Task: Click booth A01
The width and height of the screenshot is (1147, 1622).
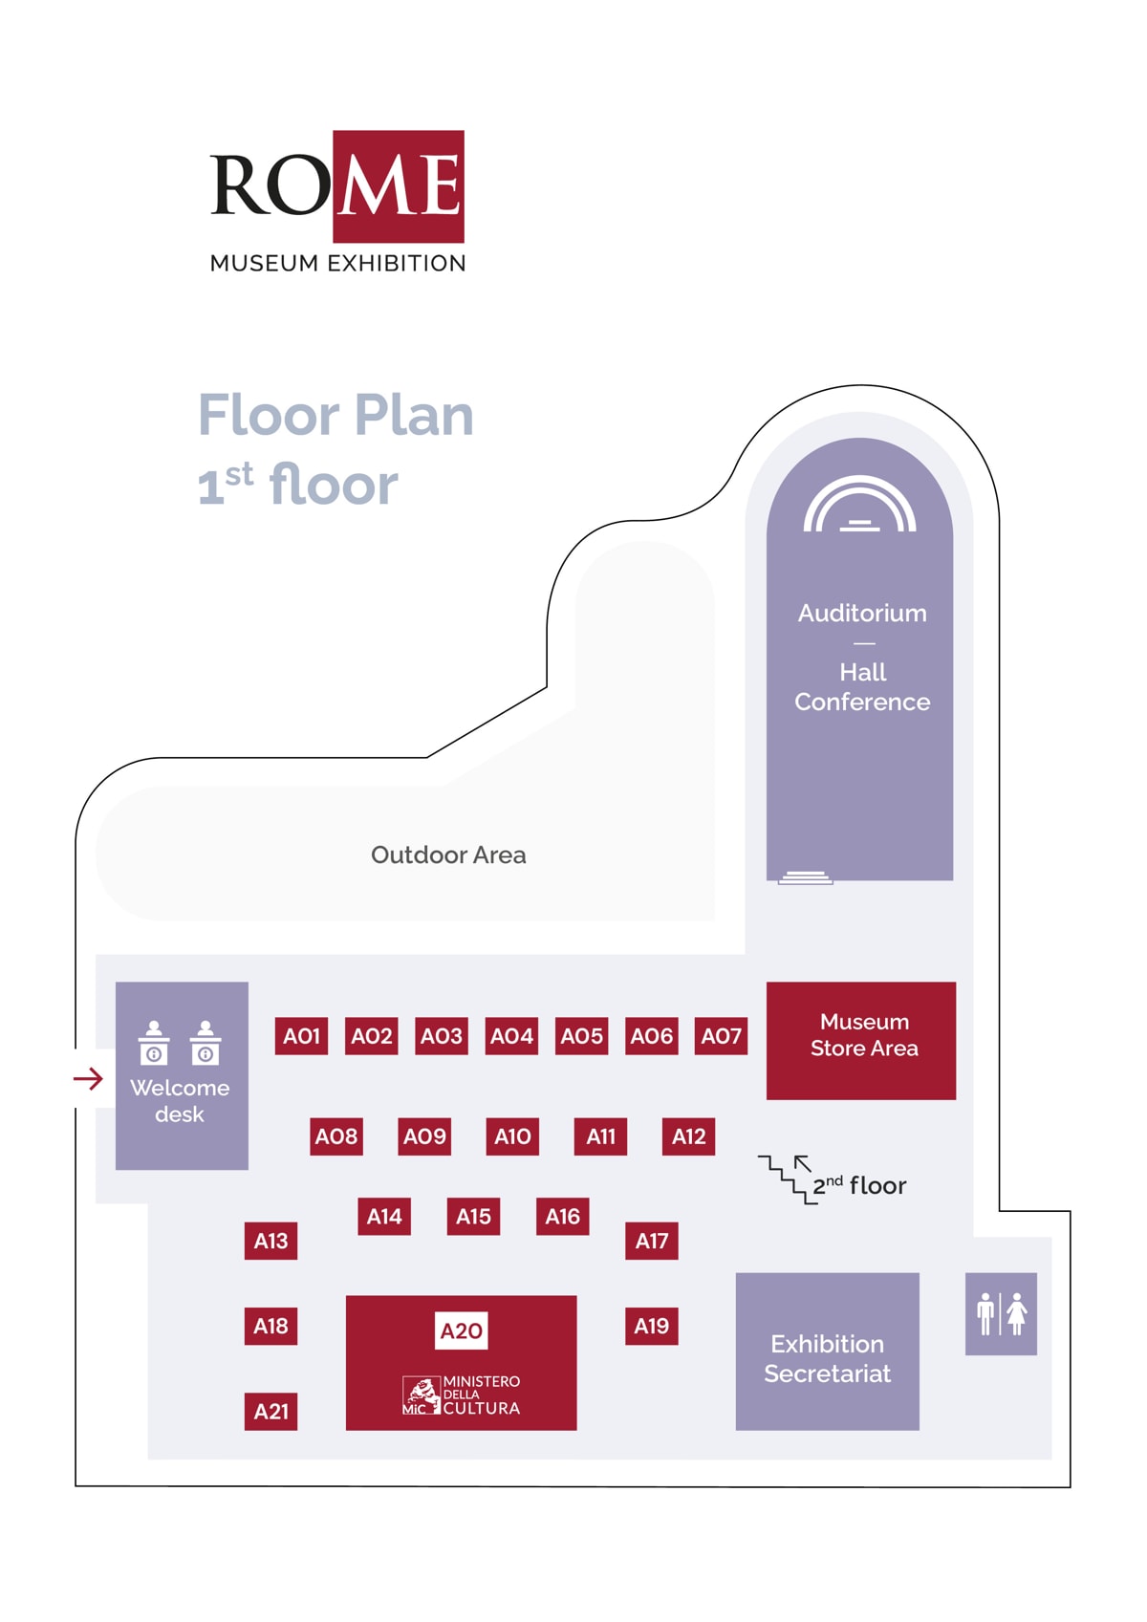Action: tap(301, 1036)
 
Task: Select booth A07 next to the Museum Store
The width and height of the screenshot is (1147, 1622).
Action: tap(721, 1036)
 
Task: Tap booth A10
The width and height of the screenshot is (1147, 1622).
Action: tap(512, 1136)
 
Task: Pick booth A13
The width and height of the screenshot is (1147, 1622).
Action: tap(271, 1241)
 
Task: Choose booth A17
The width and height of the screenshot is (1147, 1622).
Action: tap(652, 1241)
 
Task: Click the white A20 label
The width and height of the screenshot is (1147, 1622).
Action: tap(461, 1330)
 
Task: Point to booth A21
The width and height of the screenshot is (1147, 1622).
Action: tap(271, 1412)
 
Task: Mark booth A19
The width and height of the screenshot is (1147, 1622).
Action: tap(652, 1326)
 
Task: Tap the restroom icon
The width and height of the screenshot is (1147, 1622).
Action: tap(1001, 1313)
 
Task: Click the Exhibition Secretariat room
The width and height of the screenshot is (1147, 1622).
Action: tap(827, 1352)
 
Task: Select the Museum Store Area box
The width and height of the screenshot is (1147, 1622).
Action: tap(861, 1040)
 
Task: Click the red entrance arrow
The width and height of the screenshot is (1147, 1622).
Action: tap(88, 1079)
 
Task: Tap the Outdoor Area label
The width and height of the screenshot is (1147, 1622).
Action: tap(448, 854)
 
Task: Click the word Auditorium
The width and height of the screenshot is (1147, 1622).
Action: tap(862, 613)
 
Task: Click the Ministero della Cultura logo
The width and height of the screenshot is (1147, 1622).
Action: tap(462, 1395)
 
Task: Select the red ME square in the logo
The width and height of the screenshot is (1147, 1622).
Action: tap(399, 185)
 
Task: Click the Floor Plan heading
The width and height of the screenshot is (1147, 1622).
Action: tap(335, 415)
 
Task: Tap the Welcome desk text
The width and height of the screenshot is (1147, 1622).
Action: tap(180, 1101)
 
